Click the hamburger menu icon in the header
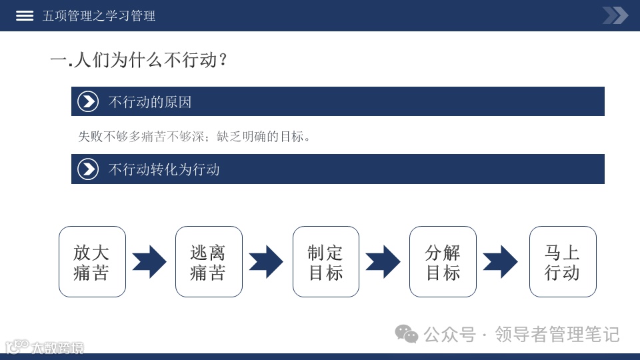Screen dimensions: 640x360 coord(25,15)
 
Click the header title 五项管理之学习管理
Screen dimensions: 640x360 coord(99,15)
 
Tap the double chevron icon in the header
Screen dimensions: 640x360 coord(615,15)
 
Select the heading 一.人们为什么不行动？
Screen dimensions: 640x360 coord(139,60)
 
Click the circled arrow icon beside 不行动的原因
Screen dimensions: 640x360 coord(88,101)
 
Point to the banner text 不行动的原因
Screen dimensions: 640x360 coord(150,102)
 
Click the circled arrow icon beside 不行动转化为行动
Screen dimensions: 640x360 coord(88,169)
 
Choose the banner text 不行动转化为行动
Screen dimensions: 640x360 coord(164,169)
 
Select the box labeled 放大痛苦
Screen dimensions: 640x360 coord(92,262)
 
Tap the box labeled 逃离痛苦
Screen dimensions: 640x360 coord(209,262)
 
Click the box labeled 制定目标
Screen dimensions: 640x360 coord(326,262)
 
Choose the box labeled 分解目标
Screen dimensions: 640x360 coord(443,262)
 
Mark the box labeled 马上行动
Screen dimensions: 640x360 coord(563,262)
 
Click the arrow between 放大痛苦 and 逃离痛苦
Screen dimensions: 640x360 coord(149,262)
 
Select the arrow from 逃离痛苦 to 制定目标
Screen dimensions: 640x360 coord(266,262)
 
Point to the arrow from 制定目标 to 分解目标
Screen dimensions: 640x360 coord(383,262)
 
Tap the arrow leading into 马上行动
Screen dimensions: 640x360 coord(501,262)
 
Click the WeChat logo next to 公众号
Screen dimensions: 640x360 coord(407,333)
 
